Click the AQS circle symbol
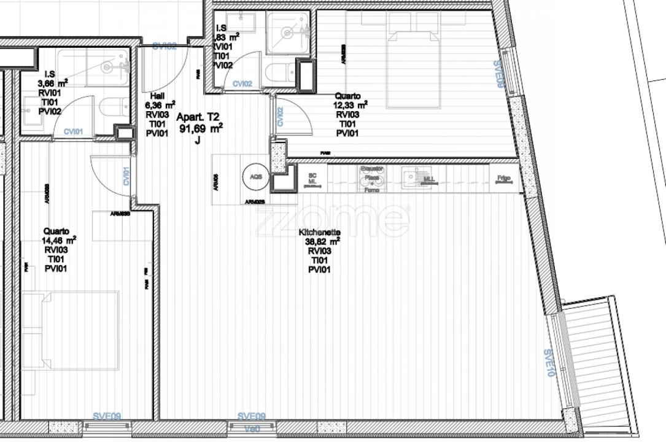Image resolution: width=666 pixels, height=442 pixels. point(255,177)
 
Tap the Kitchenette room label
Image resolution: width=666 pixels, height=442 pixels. point(319,233)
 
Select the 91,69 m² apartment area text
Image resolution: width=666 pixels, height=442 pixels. point(200,129)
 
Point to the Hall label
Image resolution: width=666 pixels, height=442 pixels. point(157,96)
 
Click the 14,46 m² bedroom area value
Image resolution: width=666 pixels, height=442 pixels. point(58,241)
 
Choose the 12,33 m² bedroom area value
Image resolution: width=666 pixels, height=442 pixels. point(350,106)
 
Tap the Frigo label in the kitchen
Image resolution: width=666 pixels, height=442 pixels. point(504,179)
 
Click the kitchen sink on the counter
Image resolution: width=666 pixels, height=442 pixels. point(410,177)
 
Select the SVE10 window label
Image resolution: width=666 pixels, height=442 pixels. point(549,362)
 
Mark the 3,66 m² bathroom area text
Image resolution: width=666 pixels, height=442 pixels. point(52,83)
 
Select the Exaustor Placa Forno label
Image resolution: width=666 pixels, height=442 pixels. point(372,179)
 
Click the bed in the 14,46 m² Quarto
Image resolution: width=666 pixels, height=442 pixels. point(71,330)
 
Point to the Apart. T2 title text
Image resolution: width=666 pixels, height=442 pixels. point(198,117)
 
